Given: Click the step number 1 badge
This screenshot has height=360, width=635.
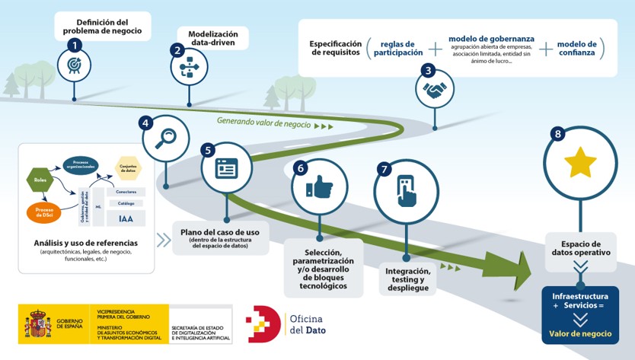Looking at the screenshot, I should coord(75,45).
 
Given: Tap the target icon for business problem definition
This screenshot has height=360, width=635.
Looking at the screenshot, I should coord(75,66).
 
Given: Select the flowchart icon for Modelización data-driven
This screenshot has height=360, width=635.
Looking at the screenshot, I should coord(187,68).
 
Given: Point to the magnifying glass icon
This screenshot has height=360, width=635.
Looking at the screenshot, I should coord(165,138).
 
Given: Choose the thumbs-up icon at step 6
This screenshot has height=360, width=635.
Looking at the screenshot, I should coord(319,186).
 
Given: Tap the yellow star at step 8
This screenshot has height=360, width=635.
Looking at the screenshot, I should coord(580,162).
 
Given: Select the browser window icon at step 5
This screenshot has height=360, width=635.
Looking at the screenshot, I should coord(227,168).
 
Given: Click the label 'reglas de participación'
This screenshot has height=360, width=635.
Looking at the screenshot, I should coord(398,48).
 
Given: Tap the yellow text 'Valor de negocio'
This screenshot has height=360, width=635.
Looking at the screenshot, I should coord(579,333).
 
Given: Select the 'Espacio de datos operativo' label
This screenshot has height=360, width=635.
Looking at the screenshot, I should coord(580,247).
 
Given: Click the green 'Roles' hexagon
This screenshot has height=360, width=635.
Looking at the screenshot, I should coord(40,180).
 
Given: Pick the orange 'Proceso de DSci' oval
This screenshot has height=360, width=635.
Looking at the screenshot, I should coord(43,212).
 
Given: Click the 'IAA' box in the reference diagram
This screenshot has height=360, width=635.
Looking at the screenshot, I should coord(126,219).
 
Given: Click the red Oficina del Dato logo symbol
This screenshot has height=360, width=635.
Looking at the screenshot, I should coord(263,323).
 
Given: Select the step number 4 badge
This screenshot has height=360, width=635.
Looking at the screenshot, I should coord(145,123).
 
